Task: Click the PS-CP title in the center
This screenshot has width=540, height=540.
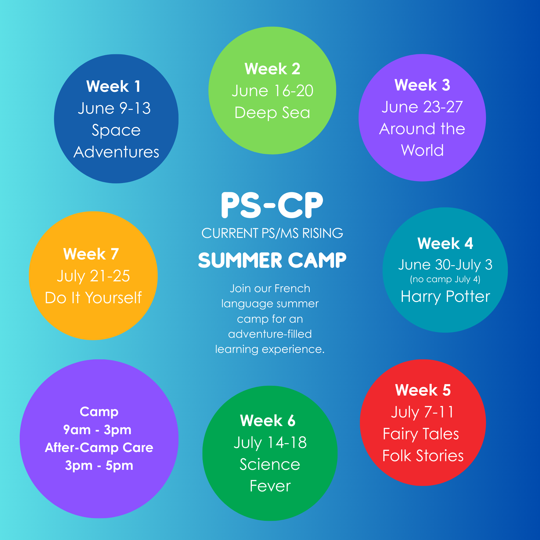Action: point(272,205)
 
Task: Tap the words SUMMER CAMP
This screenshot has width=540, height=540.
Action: point(272,260)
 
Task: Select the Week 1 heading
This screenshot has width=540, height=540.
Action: point(113,86)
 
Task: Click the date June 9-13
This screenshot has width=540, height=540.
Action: point(114,108)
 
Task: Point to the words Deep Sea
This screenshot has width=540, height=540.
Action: point(272,113)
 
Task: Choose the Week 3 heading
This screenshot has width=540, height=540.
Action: point(422,85)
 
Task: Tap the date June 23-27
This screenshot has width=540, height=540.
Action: point(422,107)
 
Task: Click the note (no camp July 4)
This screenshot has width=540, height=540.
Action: point(445,279)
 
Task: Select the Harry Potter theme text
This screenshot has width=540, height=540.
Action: point(445,296)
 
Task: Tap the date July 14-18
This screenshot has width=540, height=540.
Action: point(270,443)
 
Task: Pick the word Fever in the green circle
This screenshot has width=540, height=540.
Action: point(270,486)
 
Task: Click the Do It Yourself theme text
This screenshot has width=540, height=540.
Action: point(93,297)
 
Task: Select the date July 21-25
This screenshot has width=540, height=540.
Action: point(93,276)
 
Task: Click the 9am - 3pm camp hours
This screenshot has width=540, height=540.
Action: point(97,430)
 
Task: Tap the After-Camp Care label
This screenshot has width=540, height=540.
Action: point(99,447)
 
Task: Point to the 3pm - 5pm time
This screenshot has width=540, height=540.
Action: point(99,466)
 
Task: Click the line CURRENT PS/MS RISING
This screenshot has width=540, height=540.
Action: point(272,233)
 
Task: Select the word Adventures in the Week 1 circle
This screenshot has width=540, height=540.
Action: point(116,152)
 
